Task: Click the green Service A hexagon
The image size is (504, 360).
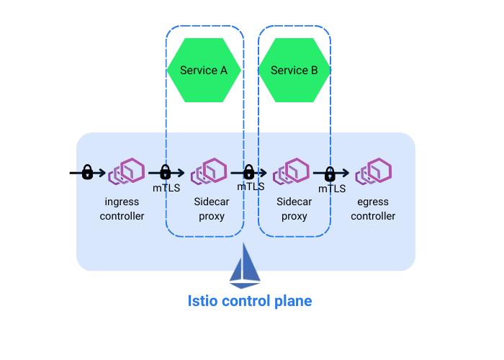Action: click(x=204, y=70)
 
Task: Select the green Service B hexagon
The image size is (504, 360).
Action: click(x=294, y=70)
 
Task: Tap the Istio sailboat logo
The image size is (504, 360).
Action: click(x=245, y=266)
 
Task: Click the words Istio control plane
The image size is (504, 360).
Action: click(x=249, y=300)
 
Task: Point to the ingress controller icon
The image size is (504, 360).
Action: click(x=126, y=173)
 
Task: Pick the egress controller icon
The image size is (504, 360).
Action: click(x=374, y=173)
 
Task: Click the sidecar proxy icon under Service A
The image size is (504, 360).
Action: click(x=210, y=173)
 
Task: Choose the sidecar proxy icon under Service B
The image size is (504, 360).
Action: click(x=293, y=173)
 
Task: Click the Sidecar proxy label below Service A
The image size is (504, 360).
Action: click(x=211, y=209)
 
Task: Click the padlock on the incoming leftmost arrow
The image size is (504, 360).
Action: click(x=87, y=172)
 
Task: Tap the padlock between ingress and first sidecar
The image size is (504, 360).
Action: click(x=165, y=172)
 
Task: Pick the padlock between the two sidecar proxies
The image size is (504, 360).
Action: click(x=249, y=172)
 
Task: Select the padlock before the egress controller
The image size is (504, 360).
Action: click(x=330, y=174)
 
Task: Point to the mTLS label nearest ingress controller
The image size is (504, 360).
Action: click(x=166, y=188)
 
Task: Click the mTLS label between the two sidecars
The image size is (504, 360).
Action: click(x=251, y=186)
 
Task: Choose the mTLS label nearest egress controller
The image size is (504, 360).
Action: click(x=332, y=189)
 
